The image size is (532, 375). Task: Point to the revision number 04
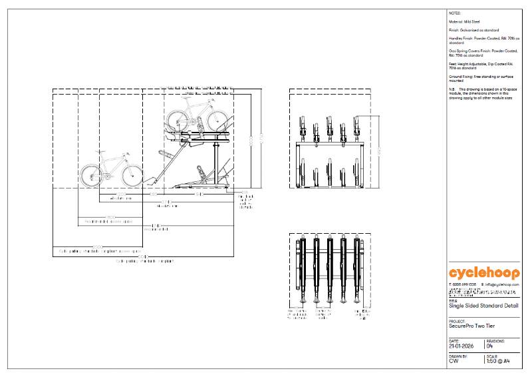(x=490, y=346)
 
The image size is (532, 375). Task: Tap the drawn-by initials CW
(x=454, y=362)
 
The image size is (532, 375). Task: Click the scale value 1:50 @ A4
(x=499, y=362)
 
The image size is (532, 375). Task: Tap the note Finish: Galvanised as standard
(x=472, y=30)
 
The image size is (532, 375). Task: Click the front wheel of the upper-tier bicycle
(x=215, y=121)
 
